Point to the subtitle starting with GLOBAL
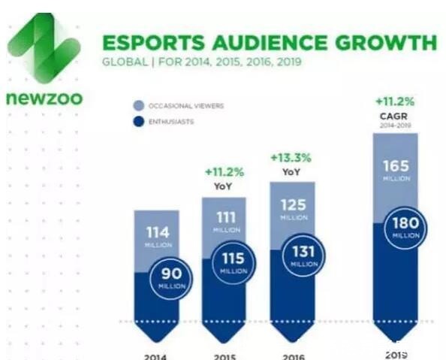click(x=201, y=61)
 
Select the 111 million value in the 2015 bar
click(x=225, y=219)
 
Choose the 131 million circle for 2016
click(x=304, y=257)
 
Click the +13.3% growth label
click(x=290, y=157)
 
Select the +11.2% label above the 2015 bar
click(x=224, y=171)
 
